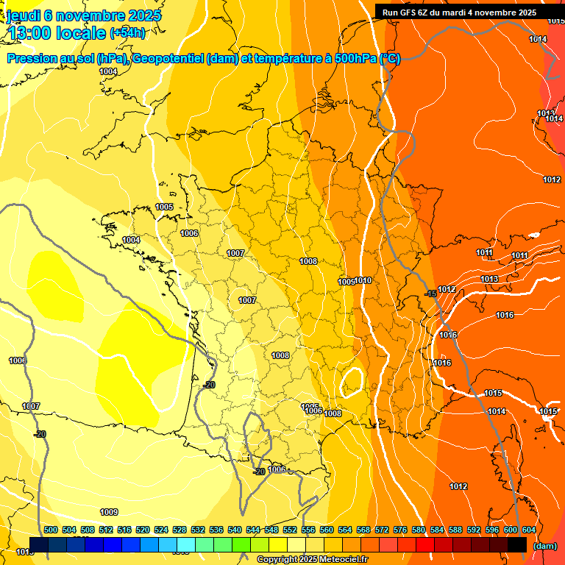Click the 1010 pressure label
(363, 280)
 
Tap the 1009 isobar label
(109, 512)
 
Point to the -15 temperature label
(431, 294)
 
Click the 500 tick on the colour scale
(51, 530)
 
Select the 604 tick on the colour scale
(528, 530)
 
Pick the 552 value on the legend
(290, 530)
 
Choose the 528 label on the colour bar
(180, 530)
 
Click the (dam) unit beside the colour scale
(544, 546)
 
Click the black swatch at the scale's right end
(517, 544)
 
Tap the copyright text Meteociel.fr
(312, 560)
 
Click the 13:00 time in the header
(30, 33)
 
